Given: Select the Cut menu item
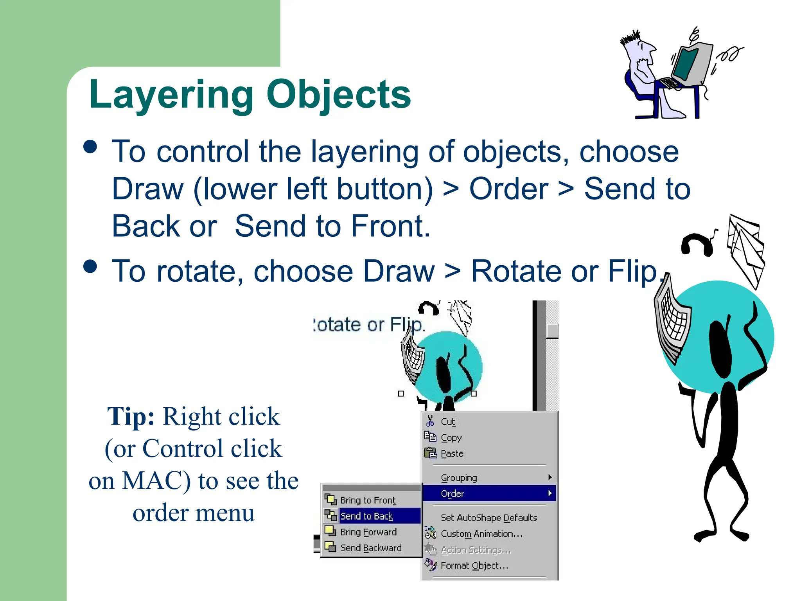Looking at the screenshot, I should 448,422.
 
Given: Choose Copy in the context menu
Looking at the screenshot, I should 451,437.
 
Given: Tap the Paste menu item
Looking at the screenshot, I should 452,453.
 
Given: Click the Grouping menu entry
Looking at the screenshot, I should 459,478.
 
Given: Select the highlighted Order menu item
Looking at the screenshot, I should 453,494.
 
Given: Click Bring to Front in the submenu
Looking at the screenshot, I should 368,500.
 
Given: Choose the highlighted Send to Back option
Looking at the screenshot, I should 366,516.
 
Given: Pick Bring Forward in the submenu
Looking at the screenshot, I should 368,532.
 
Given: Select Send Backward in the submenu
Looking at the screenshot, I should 371,548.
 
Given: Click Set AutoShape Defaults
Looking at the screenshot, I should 489,518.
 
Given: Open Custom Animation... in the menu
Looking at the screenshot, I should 481,534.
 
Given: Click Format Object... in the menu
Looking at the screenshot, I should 474,566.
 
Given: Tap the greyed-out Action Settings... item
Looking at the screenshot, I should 476,550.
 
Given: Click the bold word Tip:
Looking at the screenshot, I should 131,416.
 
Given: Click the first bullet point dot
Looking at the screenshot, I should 90,147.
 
